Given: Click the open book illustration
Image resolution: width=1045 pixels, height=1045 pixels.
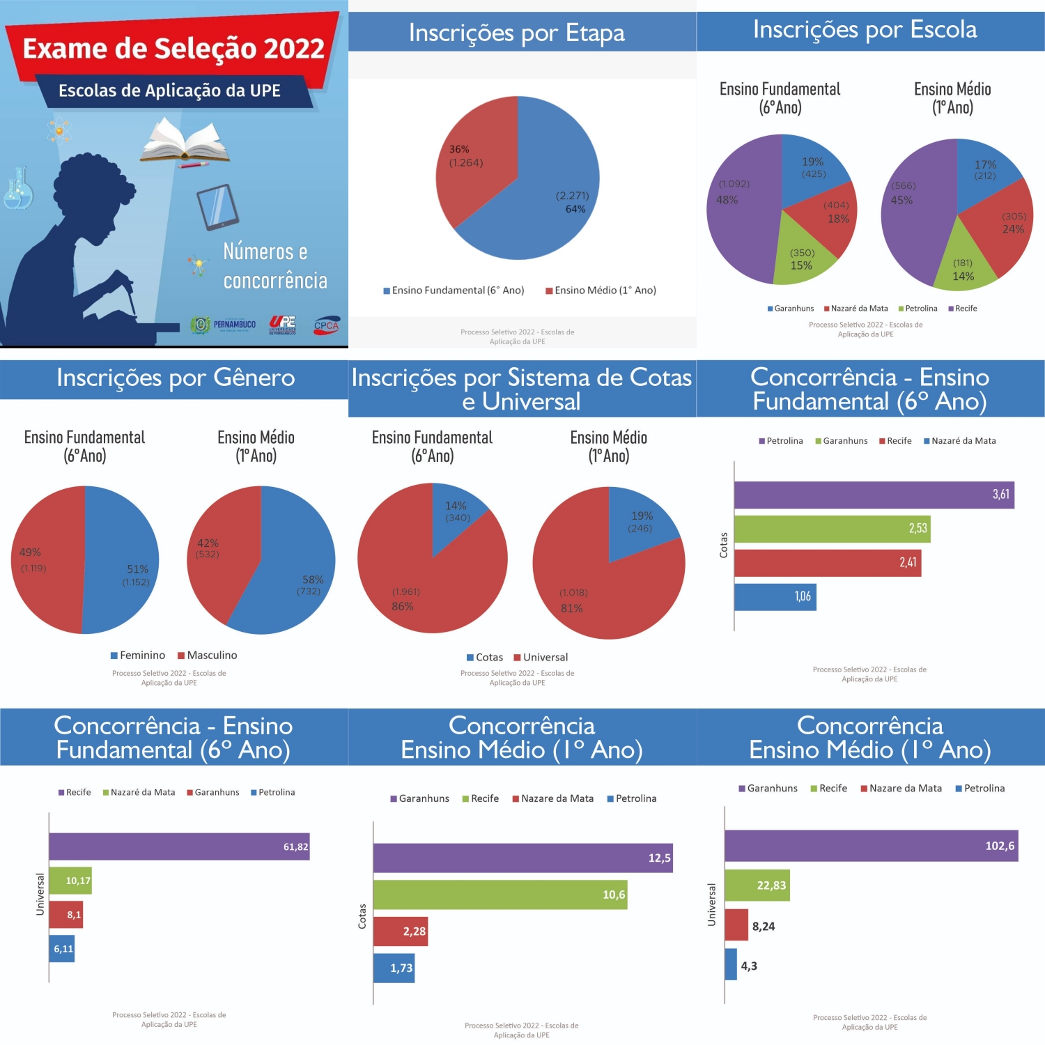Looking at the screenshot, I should click(x=185, y=141).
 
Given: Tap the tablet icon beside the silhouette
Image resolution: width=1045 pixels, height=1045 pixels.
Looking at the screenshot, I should click(x=217, y=206).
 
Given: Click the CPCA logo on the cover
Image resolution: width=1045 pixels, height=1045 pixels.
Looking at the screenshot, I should click(x=326, y=325).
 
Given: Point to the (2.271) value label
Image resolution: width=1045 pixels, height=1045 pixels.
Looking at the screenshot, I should click(x=572, y=196).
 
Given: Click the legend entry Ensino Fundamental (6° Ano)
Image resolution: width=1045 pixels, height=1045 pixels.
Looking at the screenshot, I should click(x=454, y=291).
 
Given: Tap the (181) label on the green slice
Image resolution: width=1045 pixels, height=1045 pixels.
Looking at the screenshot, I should click(x=963, y=263).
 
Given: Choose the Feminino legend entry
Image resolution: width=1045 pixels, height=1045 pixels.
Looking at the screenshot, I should click(x=138, y=656).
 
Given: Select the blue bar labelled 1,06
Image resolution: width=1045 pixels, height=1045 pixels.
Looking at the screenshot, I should click(x=775, y=597).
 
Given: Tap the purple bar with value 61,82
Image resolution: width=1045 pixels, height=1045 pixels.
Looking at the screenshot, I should click(x=179, y=846).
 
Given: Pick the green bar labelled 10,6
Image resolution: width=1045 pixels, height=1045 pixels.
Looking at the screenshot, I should click(x=500, y=895).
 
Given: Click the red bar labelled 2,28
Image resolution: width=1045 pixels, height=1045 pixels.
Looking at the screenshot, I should click(x=400, y=931).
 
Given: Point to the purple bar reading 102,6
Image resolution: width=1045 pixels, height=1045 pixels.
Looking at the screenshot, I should click(x=871, y=846).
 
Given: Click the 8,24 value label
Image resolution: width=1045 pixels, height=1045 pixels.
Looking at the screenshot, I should click(x=764, y=927).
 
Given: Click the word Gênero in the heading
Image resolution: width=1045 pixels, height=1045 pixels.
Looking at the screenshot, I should click(x=254, y=378).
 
